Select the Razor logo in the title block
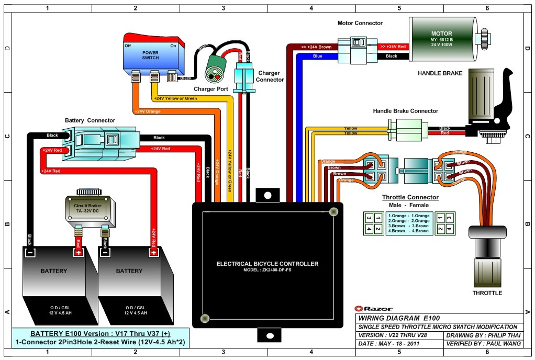[373, 308]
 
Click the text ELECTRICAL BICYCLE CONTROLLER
[267, 264]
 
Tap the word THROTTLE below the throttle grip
[487, 293]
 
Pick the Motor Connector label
[360, 23]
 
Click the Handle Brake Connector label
[405, 111]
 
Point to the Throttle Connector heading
[410, 197]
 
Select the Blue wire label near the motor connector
[317, 56]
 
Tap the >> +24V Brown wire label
[316, 47]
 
